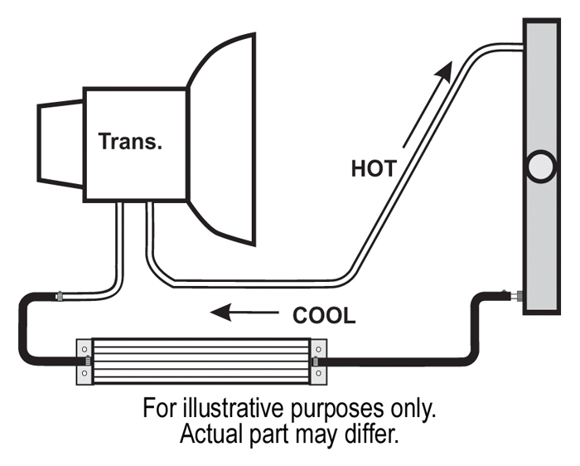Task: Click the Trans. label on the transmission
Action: coord(130,142)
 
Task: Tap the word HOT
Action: coord(374,169)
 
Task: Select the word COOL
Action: coord(324,316)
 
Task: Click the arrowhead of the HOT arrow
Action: coord(444,71)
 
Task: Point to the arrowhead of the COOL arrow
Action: coord(221,313)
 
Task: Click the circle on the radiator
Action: coord(541,167)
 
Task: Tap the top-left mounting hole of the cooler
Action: coord(85,349)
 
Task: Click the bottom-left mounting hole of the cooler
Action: coord(85,373)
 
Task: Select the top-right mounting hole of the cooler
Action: coord(318,349)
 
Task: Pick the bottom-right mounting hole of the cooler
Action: coord(318,373)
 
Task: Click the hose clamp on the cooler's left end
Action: coord(88,361)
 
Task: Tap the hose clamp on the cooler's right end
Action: coord(316,362)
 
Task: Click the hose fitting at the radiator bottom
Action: coord(515,295)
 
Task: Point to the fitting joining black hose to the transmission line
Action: coord(59,296)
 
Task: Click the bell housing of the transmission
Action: coord(221,139)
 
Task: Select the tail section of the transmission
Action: coord(60,143)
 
